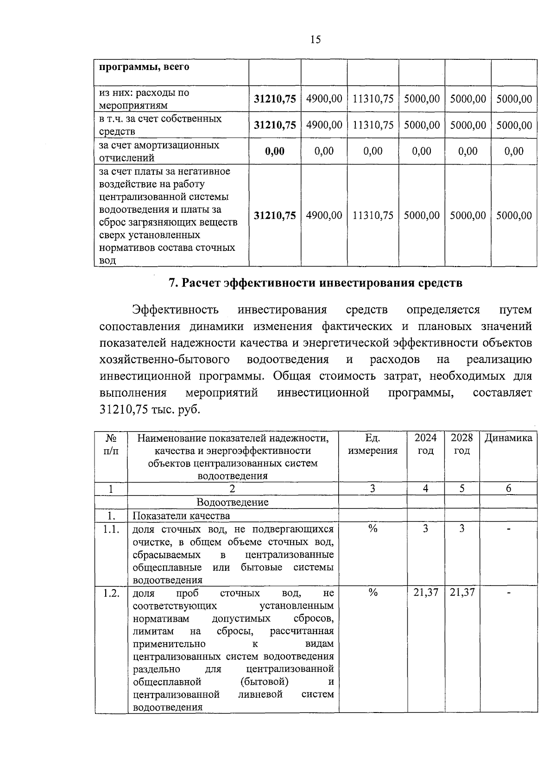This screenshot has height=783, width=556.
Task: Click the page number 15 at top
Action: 315,40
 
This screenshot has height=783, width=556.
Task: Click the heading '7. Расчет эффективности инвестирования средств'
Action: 315,283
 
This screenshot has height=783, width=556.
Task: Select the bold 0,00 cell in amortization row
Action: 275,151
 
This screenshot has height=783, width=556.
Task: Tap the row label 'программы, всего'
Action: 144,67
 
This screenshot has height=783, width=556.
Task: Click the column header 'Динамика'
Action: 508,438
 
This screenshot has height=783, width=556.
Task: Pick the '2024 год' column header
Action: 425,444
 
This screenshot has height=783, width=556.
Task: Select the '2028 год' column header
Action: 462,444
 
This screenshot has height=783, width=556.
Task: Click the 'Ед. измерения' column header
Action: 373,444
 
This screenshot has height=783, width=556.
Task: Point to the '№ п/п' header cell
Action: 111,444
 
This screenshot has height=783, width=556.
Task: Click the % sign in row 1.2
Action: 373,593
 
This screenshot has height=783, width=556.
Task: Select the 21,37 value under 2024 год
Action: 425,592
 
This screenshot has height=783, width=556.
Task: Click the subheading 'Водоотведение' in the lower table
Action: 233,502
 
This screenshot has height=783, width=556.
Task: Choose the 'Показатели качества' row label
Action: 181,516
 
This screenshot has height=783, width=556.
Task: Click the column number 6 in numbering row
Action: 508,489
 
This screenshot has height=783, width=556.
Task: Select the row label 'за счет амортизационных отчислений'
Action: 159,151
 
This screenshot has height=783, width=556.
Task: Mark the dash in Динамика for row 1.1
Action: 508,529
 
